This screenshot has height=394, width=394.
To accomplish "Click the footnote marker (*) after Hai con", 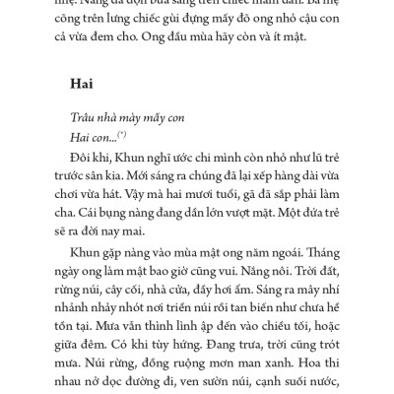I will pos(121,134).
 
